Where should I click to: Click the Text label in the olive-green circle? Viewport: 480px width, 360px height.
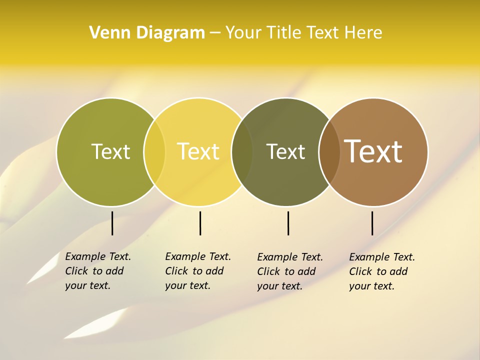110,151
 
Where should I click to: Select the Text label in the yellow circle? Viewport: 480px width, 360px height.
198,151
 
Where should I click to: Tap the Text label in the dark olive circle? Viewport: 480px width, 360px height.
285,151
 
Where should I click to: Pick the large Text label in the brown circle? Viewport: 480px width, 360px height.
373,151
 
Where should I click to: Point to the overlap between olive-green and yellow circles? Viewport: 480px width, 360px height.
154,152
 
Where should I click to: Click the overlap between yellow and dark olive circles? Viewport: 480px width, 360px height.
242,152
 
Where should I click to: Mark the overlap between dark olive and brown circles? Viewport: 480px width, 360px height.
329,152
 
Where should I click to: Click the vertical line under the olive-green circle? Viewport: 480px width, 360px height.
112,223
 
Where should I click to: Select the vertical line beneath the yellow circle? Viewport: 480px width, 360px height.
200,223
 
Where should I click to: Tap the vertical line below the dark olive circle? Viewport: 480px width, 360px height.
288,223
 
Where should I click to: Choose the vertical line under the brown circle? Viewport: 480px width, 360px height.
372,223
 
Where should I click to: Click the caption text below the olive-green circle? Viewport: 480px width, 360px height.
98,271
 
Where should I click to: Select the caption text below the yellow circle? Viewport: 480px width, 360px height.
198,271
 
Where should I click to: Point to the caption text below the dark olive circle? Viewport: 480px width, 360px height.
290,271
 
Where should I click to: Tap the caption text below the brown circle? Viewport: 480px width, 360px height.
382,271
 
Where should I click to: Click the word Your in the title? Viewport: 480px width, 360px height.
243,32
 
